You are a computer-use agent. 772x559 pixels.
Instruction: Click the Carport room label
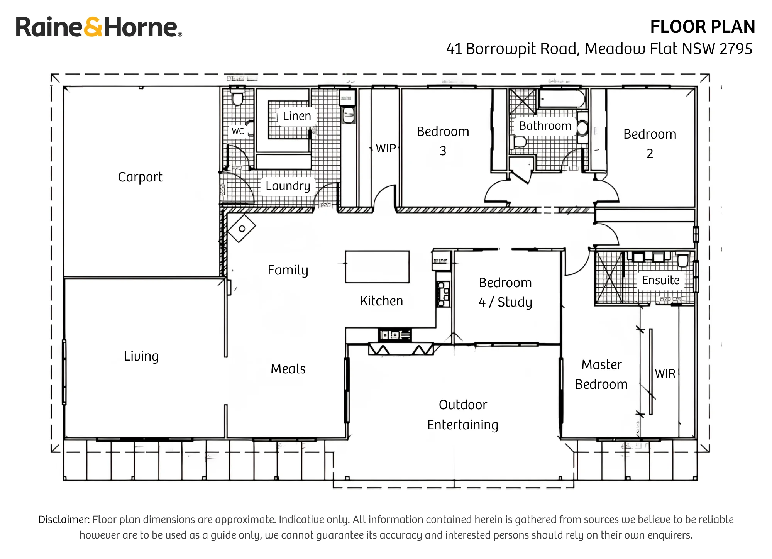click(140, 177)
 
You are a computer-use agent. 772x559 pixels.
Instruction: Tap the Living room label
click(141, 356)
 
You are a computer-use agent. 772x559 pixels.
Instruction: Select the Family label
click(288, 270)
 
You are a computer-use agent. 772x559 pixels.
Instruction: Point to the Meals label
click(288, 369)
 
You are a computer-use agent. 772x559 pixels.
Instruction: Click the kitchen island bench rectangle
click(377, 267)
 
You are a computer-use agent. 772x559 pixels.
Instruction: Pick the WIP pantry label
click(386, 148)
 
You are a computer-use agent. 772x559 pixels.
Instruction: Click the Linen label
click(297, 116)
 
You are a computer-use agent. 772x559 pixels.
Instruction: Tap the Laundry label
click(288, 186)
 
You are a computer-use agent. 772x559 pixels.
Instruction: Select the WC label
click(238, 131)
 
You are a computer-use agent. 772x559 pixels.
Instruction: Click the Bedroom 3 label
click(443, 141)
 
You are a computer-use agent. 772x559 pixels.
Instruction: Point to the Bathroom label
click(545, 125)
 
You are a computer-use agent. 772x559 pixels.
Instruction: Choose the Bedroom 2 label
click(650, 144)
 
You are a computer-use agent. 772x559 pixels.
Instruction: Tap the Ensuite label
click(661, 280)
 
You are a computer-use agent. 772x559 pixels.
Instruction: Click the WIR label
click(665, 373)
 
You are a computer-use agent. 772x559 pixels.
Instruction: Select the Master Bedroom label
click(601, 374)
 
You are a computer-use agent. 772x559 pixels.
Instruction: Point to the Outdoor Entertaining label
click(463, 415)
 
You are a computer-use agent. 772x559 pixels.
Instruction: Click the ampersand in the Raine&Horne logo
click(93, 27)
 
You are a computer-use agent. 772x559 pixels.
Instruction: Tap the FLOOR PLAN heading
click(703, 27)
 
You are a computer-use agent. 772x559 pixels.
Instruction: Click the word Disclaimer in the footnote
click(64, 520)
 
